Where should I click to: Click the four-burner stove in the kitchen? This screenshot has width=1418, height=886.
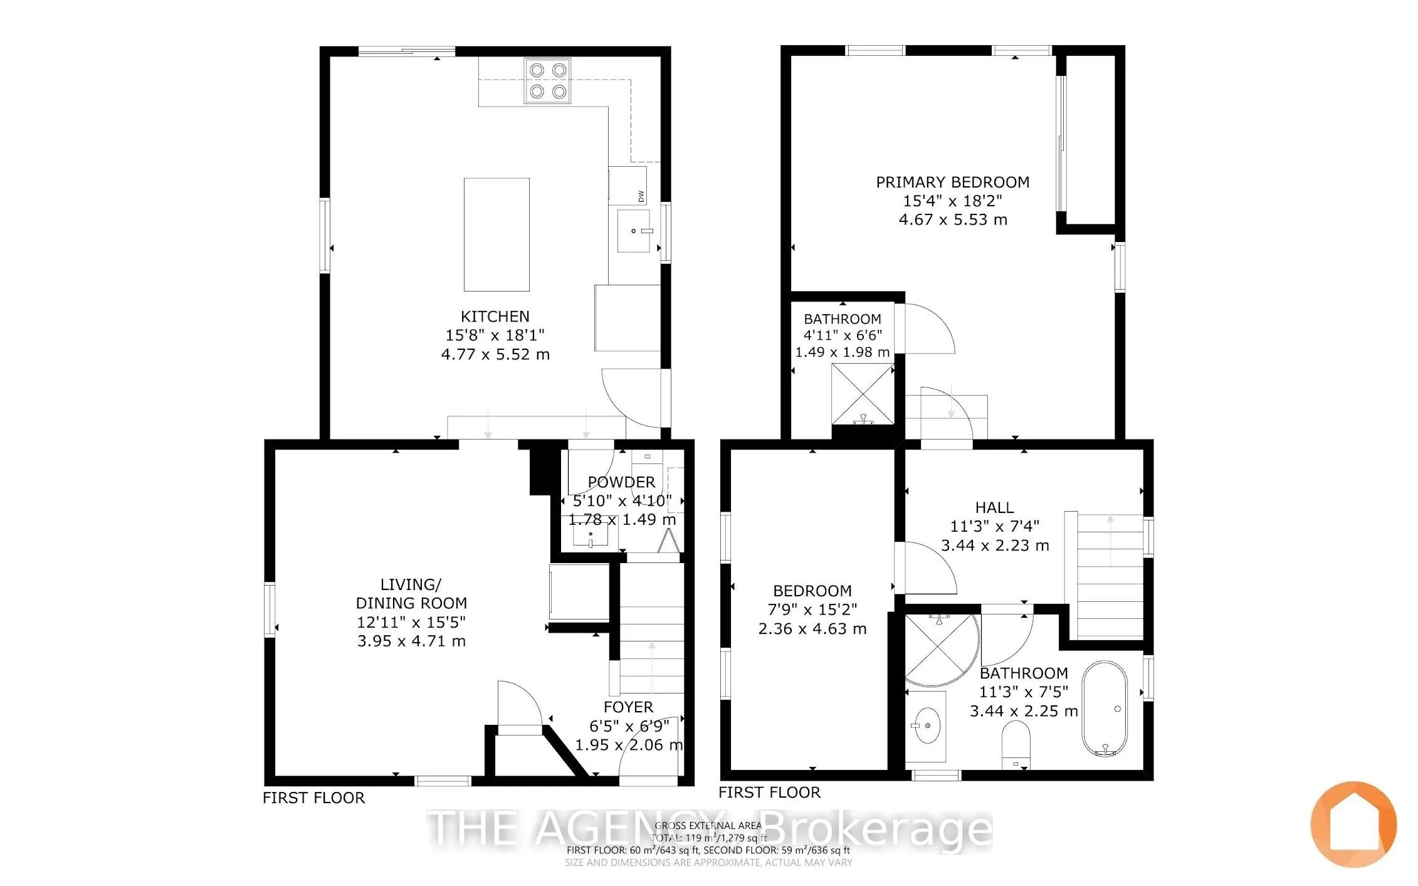[x=549, y=80]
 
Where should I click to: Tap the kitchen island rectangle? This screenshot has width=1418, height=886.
[x=496, y=235]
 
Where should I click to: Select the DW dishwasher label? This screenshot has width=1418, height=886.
[x=641, y=196]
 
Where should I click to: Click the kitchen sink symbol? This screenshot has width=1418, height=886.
[x=634, y=231]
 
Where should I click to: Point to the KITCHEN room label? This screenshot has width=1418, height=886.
[x=495, y=317]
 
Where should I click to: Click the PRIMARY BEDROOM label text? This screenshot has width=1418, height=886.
[x=952, y=182]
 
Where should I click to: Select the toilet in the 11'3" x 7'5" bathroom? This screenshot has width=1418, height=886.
[x=1016, y=746]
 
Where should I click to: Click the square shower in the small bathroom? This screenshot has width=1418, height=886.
[x=863, y=394]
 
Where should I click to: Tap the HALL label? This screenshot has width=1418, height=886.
[x=994, y=508]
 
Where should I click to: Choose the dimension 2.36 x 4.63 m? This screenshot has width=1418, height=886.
[x=812, y=629]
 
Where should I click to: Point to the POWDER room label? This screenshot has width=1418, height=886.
[x=621, y=482]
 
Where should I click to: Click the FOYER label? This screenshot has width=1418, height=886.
[x=628, y=707]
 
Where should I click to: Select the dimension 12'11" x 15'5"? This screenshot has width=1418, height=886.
[x=411, y=623]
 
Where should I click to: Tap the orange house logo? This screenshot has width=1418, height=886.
[x=1353, y=825]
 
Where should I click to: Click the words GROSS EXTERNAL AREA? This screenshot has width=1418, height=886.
[x=708, y=826]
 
